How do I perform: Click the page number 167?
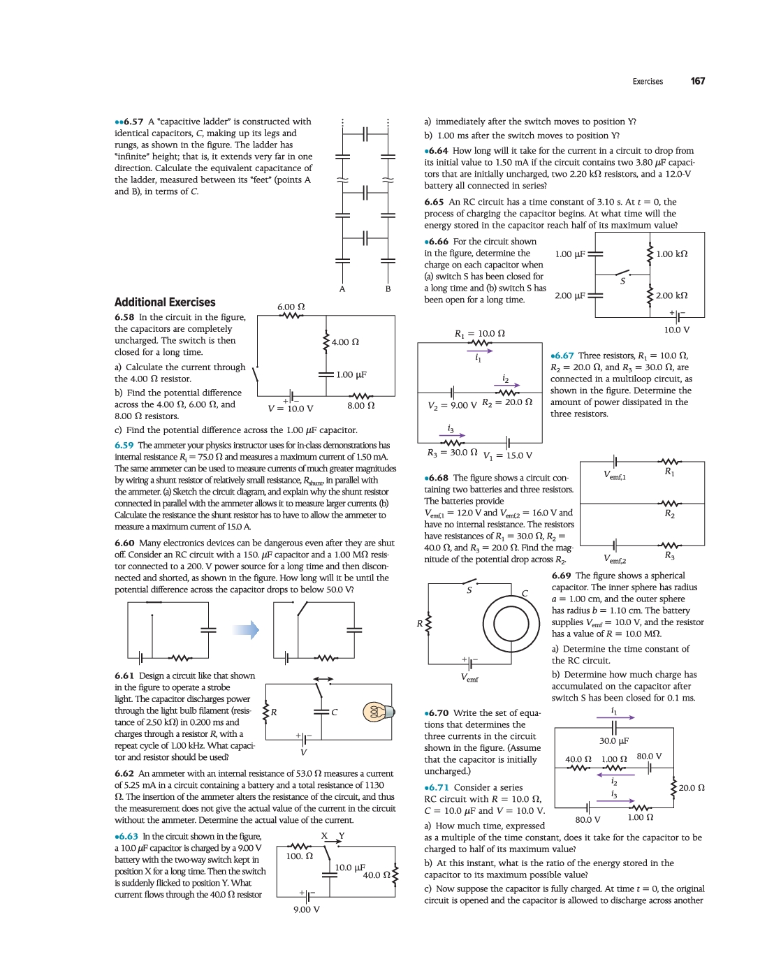point(697,81)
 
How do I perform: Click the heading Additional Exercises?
point(165,302)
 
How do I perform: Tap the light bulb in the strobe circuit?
point(378,712)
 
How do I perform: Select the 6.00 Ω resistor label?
point(291,307)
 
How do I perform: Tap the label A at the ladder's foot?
point(342,288)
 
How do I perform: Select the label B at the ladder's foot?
point(388,288)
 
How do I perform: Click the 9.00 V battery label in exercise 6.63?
point(307,909)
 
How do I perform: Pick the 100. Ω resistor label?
point(300,856)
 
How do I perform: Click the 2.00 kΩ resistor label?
point(671,295)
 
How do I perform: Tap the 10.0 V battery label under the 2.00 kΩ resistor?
point(676,330)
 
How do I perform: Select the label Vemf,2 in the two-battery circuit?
point(615,560)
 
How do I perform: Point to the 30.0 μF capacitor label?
point(614,740)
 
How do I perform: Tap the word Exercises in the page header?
point(648,82)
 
